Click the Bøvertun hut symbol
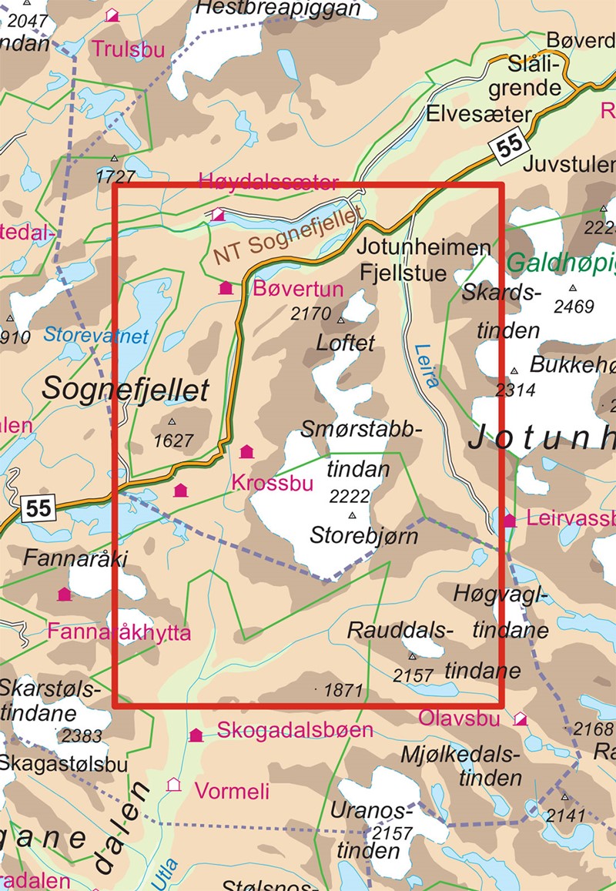(x=226, y=289)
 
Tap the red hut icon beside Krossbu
(x=247, y=451)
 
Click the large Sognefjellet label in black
(x=125, y=390)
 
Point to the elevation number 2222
(x=350, y=497)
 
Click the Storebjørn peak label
(x=363, y=535)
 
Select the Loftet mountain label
(x=346, y=342)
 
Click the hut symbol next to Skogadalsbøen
(x=196, y=735)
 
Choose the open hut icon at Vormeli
(x=174, y=785)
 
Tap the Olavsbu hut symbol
(x=521, y=718)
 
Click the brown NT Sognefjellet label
(x=287, y=239)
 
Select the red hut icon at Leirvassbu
(x=509, y=521)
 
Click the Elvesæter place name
(x=481, y=115)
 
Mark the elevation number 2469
(x=574, y=306)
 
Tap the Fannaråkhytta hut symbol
(x=64, y=594)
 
